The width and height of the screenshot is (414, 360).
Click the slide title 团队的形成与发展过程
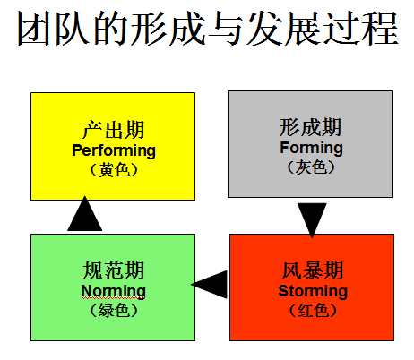[208, 29]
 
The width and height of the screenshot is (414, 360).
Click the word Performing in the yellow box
[114, 150]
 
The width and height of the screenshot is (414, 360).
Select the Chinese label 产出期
[114, 130]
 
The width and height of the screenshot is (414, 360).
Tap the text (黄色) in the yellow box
[114, 170]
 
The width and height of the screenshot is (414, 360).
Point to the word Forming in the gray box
[311, 148]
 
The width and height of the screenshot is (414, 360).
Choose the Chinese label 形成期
[311, 127]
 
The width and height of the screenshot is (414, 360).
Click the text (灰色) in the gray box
[311, 167]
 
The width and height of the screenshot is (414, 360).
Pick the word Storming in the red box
[313, 291]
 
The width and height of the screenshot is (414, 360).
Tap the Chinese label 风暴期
[313, 270]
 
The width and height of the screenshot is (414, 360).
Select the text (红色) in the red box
[313, 311]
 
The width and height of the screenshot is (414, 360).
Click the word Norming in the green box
[114, 291]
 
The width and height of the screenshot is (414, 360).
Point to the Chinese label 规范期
[114, 270]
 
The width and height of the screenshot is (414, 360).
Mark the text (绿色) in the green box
[114, 311]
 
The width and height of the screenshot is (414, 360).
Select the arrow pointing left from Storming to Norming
[209, 285]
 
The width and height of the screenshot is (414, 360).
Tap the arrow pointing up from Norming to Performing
[85, 213]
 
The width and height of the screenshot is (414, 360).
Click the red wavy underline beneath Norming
[113, 298]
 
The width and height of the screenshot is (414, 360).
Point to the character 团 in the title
[33, 29]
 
